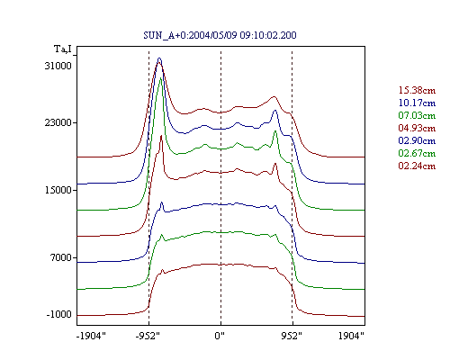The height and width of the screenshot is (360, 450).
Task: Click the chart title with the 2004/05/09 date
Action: tap(220, 35)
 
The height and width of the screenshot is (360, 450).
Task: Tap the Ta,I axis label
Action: tap(63, 49)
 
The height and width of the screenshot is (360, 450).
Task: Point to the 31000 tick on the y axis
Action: tap(58, 66)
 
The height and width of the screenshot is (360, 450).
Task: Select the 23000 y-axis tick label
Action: tap(58, 122)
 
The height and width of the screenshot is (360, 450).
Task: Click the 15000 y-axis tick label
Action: tap(58, 190)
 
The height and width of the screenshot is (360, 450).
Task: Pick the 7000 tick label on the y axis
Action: tap(61, 257)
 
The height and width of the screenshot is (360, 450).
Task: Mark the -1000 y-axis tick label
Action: tap(59, 314)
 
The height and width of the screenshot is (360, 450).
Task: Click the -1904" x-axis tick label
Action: tap(91, 336)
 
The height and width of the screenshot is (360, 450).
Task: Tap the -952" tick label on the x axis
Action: tap(148, 336)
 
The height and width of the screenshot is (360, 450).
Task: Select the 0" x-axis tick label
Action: tap(220, 336)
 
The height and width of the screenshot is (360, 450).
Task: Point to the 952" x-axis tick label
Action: tap(292, 336)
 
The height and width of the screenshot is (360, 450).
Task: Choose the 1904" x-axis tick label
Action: tap(351, 336)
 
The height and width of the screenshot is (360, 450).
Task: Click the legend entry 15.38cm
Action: tap(417, 90)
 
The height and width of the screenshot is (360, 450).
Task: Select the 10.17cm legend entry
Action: tap(417, 103)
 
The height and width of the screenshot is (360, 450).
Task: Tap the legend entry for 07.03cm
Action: tap(417, 115)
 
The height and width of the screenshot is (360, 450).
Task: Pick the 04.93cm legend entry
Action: tap(417, 128)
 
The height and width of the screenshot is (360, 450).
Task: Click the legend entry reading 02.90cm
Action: tap(417, 140)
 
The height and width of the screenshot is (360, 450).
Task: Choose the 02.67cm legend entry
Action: tap(417, 153)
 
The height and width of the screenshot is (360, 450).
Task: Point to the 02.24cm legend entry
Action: tap(417, 166)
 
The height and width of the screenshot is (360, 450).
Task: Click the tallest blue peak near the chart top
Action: tap(159, 58)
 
